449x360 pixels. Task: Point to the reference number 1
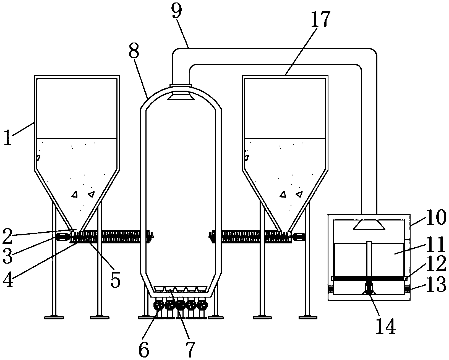click(x=8, y=137)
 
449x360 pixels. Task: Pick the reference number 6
click(x=144, y=350)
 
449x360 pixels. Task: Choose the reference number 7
click(x=190, y=350)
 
